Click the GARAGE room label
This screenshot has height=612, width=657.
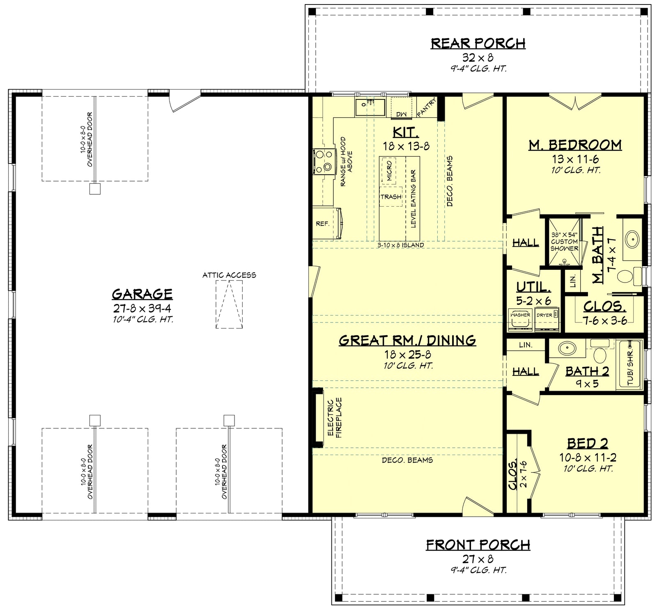click(x=142, y=294)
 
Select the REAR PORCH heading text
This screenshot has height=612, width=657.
click(x=478, y=43)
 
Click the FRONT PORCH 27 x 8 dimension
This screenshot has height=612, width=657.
click(x=478, y=559)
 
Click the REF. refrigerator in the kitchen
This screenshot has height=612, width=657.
click(x=323, y=224)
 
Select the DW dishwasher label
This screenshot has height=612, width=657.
click(x=401, y=114)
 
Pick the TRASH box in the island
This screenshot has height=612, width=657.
click(x=391, y=197)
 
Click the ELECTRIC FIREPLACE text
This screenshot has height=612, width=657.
click(x=335, y=417)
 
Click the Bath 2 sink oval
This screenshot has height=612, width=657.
click(x=567, y=348)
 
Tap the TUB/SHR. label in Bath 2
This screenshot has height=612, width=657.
click(x=630, y=368)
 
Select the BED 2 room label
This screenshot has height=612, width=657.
click(x=587, y=444)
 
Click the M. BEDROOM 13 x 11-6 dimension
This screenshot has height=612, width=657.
click(x=575, y=159)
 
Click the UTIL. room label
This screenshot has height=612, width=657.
click(x=533, y=287)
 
